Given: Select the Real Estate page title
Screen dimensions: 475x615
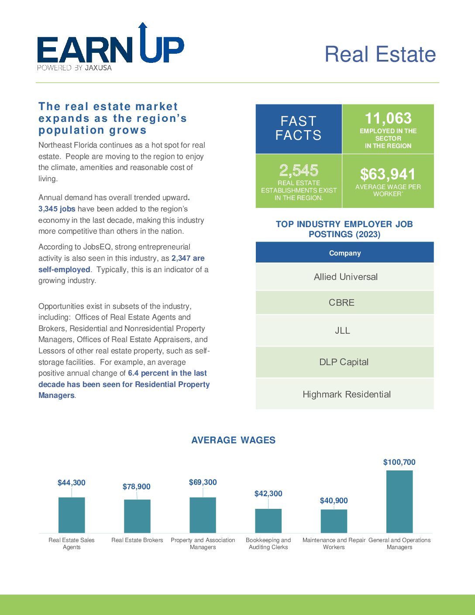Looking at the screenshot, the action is pyautogui.click(x=380, y=54).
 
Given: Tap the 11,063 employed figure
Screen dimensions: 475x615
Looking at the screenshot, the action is pyautogui.click(x=388, y=118).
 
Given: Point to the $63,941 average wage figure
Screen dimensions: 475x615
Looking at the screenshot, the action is pyautogui.click(x=388, y=174).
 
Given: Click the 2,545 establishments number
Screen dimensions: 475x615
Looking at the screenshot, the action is pyautogui.click(x=299, y=170).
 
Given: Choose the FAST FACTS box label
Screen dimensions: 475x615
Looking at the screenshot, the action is pyautogui.click(x=299, y=128).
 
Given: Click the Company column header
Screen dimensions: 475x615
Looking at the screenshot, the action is pyautogui.click(x=344, y=253).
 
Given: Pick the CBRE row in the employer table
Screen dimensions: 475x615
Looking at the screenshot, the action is pyautogui.click(x=344, y=303).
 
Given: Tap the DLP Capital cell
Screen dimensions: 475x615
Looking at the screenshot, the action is pyautogui.click(x=344, y=362).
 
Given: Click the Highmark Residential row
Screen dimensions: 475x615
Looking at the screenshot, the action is pyautogui.click(x=344, y=394).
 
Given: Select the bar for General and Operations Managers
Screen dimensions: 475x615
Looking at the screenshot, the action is pyautogui.click(x=399, y=501).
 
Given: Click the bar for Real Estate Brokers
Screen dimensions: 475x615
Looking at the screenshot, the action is pyautogui.click(x=137, y=516).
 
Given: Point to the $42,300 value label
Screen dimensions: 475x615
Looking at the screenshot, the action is pyautogui.click(x=268, y=494).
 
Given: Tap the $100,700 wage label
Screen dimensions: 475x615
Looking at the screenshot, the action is pyautogui.click(x=399, y=462).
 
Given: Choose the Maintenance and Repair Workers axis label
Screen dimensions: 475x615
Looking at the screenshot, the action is pyautogui.click(x=334, y=543).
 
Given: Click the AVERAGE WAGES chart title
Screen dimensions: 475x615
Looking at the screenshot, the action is pyautogui.click(x=234, y=440).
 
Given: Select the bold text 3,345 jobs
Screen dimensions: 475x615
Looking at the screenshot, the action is pyautogui.click(x=57, y=209).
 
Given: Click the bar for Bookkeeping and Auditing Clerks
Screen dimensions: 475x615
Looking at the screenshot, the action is pyautogui.click(x=268, y=521).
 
